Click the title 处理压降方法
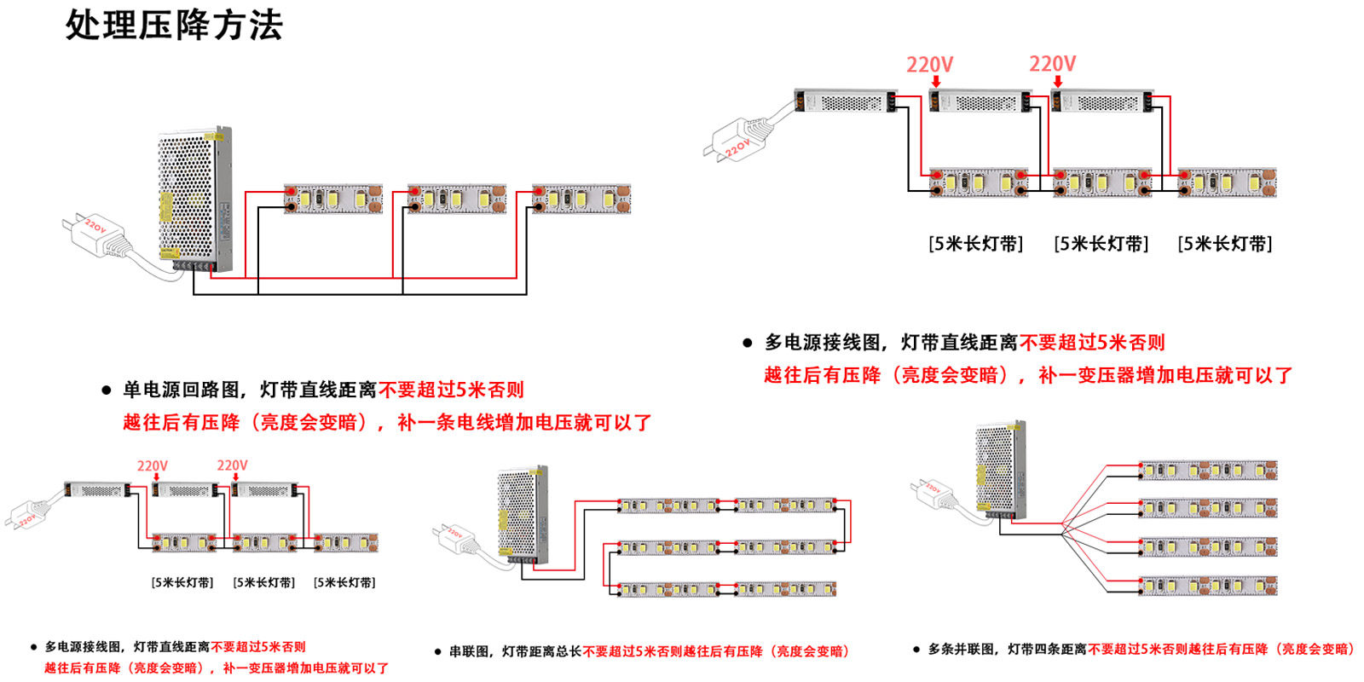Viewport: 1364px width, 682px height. [x=174, y=26]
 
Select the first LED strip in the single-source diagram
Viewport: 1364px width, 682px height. [x=332, y=199]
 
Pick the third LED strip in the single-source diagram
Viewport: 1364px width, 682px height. [x=581, y=199]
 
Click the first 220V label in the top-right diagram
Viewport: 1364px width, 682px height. [x=929, y=65]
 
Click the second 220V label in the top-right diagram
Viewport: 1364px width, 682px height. [x=1052, y=64]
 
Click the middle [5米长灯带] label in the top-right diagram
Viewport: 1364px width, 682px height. [x=1101, y=244]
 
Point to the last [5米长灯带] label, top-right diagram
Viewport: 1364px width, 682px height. [x=1224, y=244]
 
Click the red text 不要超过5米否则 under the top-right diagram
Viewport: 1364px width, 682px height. [x=1092, y=343]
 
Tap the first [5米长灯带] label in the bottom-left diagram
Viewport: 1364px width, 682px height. [x=182, y=582]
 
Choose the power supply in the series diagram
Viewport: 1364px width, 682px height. [x=522, y=515]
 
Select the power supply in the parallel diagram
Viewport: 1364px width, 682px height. [x=1000, y=469]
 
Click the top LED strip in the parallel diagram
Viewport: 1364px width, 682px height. [x=1208, y=470]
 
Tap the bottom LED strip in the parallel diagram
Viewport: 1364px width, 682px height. [x=1208, y=586]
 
